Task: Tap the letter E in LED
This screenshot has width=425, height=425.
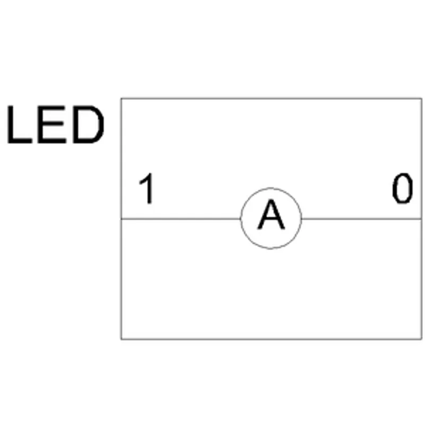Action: point(52,124)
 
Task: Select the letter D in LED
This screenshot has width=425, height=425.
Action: point(88,124)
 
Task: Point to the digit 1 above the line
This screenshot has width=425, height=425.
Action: point(147,188)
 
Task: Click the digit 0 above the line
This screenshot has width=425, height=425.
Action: point(403,188)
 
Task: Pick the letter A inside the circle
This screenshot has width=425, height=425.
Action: point(271,214)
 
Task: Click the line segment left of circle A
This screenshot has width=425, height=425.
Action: point(181,218)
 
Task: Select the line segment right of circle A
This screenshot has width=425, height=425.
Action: point(362,218)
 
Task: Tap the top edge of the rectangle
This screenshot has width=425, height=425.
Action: point(271,99)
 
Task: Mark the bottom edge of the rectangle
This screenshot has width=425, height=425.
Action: point(271,339)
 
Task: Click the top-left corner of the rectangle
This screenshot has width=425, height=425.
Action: point(122,99)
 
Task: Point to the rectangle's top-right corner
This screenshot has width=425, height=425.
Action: point(421,99)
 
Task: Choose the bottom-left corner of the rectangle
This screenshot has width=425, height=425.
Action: point(122,339)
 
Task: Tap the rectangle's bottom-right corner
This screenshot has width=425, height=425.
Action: point(421,339)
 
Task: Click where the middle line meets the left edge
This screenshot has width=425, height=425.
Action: point(122,218)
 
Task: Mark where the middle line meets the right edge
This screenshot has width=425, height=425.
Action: point(421,218)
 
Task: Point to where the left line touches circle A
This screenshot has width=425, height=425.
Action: point(241,218)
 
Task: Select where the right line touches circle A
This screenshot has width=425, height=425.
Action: point(301,218)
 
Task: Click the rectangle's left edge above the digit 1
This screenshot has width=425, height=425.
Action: point(122,135)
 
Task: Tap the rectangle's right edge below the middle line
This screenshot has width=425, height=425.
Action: point(421,278)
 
